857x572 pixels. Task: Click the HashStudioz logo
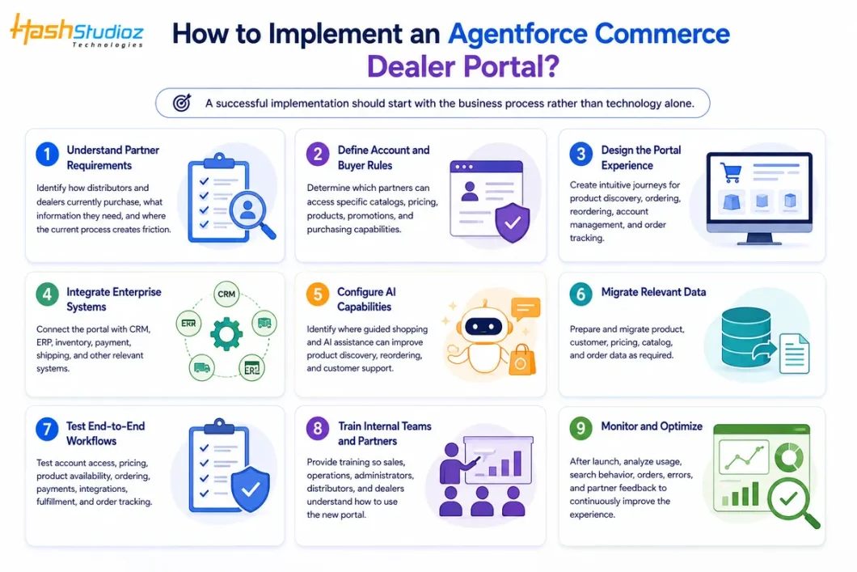(x=77, y=31)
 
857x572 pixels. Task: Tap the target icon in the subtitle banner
(x=182, y=102)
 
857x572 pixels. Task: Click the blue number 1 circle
(x=48, y=155)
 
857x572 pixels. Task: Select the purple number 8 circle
(x=318, y=428)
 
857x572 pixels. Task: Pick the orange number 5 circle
(x=318, y=294)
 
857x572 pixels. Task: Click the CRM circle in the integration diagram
(x=226, y=294)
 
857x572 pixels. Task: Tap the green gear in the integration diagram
(x=226, y=334)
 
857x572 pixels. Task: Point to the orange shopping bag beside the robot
(x=522, y=360)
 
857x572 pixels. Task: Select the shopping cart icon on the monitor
(x=731, y=172)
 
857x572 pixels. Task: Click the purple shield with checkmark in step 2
(x=512, y=222)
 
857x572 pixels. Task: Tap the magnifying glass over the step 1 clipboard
(x=252, y=216)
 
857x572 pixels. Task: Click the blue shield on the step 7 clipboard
(x=251, y=489)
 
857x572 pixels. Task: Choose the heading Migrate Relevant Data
(x=653, y=292)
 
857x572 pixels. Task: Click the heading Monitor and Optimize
(x=652, y=426)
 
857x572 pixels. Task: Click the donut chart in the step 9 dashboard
(x=788, y=456)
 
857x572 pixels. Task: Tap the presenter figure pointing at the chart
(x=456, y=463)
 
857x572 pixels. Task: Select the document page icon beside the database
(x=794, y=354)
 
